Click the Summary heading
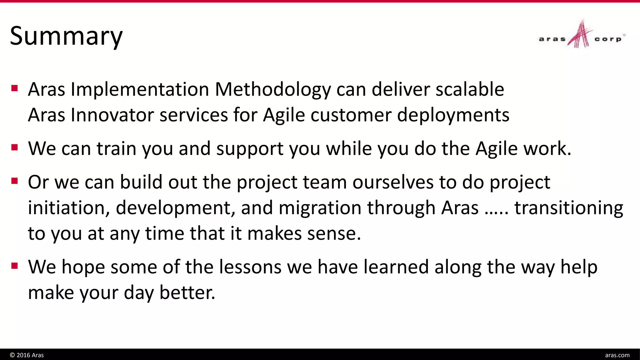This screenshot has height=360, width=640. click(66, 36)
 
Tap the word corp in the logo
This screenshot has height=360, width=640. click(608, 39)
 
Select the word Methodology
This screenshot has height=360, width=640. click(273, 90)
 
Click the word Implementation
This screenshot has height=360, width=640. click(140, 90)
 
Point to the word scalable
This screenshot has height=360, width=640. click(470, 89)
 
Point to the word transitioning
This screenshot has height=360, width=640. click(569, 208)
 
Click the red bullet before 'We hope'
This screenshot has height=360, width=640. click(14, 266)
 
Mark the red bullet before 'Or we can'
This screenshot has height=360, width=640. click(14, 181)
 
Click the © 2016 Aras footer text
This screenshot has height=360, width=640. click(27, 355)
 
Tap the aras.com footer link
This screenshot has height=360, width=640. click(617, 355)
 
